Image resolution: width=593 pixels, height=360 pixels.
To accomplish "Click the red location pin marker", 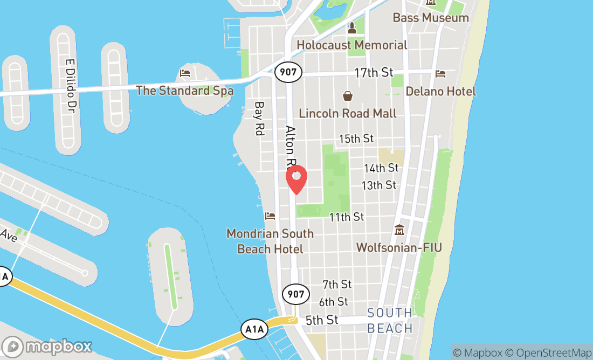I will click(296, 179).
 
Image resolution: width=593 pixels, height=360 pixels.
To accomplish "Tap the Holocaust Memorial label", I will click(352, 45).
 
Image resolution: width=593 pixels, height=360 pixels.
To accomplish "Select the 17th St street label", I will click(374, 73).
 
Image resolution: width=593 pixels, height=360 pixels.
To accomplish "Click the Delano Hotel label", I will click(440, 91).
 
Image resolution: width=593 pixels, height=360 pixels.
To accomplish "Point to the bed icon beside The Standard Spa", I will click(185, 73).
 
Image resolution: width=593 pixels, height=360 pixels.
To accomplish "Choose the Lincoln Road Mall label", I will click(348, 113).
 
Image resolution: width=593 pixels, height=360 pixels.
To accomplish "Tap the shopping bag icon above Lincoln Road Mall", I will click(348, 96).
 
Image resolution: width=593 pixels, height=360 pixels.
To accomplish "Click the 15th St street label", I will click(356, 139).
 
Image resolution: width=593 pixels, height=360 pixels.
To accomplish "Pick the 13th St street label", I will click(378, 185).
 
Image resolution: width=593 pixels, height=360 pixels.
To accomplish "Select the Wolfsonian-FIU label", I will click(399, 247).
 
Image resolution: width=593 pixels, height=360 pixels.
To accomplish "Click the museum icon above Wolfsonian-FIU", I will click(399, 230).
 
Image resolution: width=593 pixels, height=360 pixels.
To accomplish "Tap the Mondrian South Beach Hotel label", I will click(270, 241).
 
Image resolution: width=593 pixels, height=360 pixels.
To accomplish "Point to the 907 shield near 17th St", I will click(288, 71).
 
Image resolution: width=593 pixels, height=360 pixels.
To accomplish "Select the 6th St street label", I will click(333, 302).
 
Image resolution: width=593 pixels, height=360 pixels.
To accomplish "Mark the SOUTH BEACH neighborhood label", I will click(390, 320).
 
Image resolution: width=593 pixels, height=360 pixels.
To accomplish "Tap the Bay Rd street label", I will click(259, 118).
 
